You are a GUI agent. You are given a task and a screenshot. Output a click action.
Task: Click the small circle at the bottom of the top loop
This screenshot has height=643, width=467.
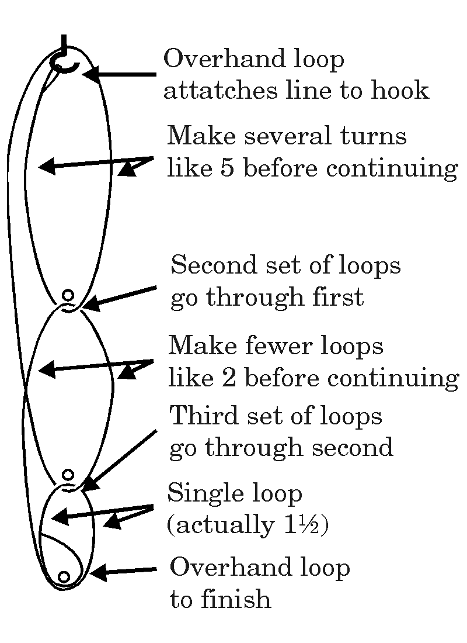tap(68, 295)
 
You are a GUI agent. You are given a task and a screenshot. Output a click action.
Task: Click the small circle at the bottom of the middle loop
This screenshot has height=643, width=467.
tap(68, 475)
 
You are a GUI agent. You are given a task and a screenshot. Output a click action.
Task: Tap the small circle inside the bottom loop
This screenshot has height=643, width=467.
tap(64, 577)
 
